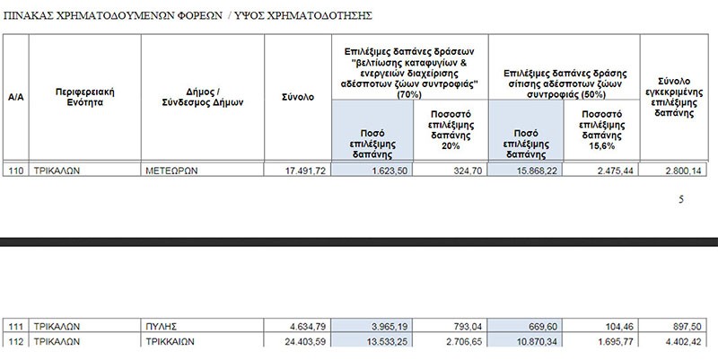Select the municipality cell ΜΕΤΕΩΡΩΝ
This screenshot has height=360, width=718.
click(172, 170)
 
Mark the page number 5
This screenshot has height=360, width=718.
click(681, 200)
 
